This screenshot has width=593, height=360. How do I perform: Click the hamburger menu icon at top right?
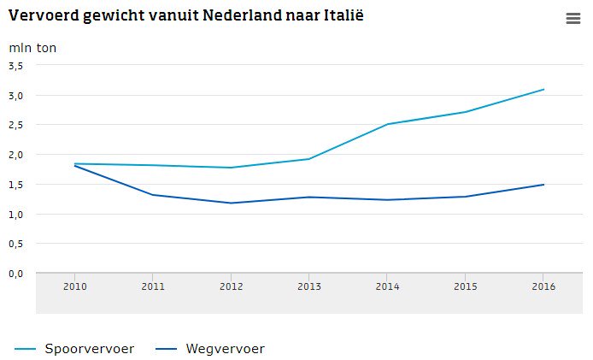(x=572, y=19)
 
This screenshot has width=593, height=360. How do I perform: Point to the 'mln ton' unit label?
(x=32, y=48)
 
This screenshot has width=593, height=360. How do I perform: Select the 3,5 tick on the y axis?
(x=16, y=65)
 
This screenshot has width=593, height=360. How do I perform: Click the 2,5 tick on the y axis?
(x=16, y=125)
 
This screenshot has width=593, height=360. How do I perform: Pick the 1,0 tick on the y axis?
(x=16, y=214)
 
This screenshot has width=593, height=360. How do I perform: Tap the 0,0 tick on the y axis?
(x=16, y=274)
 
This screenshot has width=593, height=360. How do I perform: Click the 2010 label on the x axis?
(x=74, y=286)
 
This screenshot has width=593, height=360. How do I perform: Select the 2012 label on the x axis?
(x=231, y=286)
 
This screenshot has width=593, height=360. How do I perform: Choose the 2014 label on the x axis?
(x=387, y=286)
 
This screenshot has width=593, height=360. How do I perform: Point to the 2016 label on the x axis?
(x=543, y=286)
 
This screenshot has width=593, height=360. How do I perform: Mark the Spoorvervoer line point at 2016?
(x=543, y=90)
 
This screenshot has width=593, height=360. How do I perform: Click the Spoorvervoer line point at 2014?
(x=387, y=124)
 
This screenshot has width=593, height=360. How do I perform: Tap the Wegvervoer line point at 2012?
(x=231, y=203)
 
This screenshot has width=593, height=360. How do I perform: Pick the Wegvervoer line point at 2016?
(x=543, y=185)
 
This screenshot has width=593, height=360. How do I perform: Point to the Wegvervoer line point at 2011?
(x=153, y=195)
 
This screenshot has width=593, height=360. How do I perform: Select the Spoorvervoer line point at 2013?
(x=309, y=159)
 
